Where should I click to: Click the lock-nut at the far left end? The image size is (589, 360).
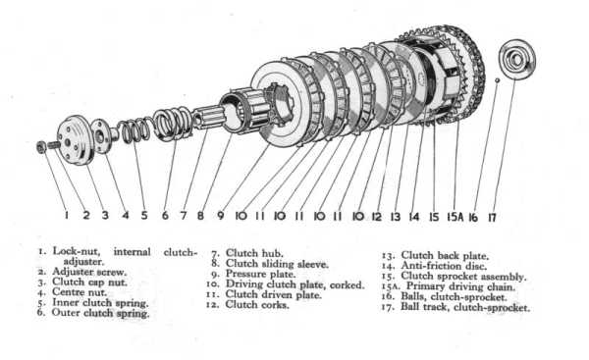(x=41, y=147)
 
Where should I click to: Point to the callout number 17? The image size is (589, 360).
(x=492, y=218)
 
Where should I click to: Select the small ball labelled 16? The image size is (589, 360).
(x=497, y=80)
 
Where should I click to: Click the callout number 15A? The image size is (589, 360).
(x=455, y=217)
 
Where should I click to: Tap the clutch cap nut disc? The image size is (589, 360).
(x=76, y=139)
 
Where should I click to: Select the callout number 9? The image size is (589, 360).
(x=221, y=216)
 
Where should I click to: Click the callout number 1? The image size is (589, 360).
(x=67, y=215)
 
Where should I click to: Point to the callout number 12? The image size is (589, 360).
(x=376, y=217)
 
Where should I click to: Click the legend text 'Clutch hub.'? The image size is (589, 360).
(x=254, y=253)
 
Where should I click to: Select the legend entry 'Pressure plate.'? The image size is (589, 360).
(x=260, y=274)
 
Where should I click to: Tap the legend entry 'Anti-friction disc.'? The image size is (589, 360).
(x=444, y=266)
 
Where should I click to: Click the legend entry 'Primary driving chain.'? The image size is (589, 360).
(x=461, y=286)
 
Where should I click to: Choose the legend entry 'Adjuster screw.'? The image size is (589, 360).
(x=89, y=272)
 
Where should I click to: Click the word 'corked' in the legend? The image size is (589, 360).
(x=347, y=284)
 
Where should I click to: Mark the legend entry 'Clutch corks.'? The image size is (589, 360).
(x=257, y=305)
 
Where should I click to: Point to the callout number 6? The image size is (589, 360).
(x=165, y=216)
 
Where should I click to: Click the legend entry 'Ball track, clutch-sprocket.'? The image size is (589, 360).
(x=465, y=307)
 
